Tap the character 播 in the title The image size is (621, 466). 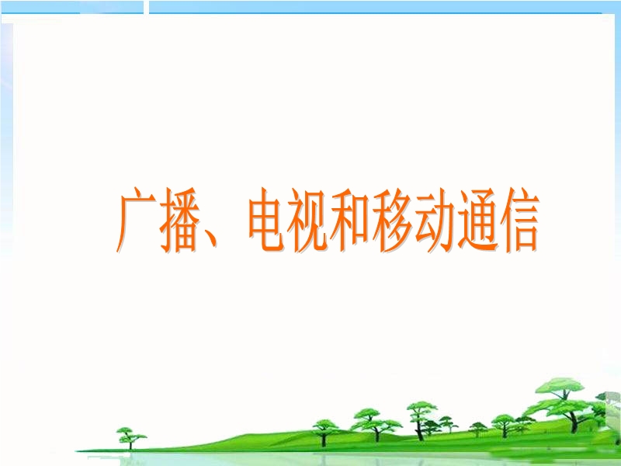[x=179, y=220]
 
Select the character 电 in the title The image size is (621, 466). [x=266, y=220]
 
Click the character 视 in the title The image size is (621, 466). [x=307, y=220]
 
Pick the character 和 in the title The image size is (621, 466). [x=350, y=220]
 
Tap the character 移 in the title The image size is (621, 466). [x=392, y=220]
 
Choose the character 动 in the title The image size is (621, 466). [x=435, y=220]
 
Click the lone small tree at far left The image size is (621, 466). [x=130, y=438]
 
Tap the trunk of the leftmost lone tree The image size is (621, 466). [x=130, y=444]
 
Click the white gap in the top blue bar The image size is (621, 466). [x=146, y=7]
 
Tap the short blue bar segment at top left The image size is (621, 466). [x=71, y=7]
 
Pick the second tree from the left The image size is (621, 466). [x=325, y=433]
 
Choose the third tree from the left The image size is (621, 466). [x=376, y=425]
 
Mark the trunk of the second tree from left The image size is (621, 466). [x=324, y=439]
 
